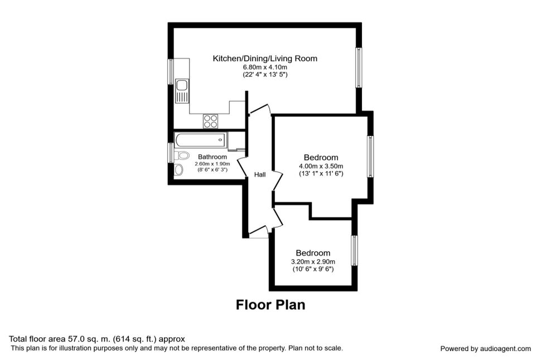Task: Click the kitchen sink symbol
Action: pyautogui.click(x=182, y=91)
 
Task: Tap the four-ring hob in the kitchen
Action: pyautogui.click(x=210, y=121)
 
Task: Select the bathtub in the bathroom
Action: pyautogui.click(x=200, y=140)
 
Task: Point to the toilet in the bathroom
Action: pyautogui.click(x=182, y=155)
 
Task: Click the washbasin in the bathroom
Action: pyautogui.click(x=178, y=169)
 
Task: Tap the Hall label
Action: pyautogui.click(x=260, y=175)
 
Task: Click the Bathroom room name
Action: pyautogui.click(x=212, y=157)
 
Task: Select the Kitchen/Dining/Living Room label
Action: pyautogui.click(x=265, y=59)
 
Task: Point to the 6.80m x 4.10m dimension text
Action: pyautogui.click(x=265, y=67)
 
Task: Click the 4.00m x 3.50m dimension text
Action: pyautogui.click(x=321, y=167)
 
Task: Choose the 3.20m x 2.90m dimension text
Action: pyautogui.click(x=313, y=262)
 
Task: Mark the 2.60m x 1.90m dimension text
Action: pyautogui.click(x=212, y=164)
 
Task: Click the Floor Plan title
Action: pyautogui.click(x=270, y=305)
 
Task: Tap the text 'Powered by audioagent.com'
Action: pyautogui.click(x=485, y=349)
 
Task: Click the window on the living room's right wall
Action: pyautogui.click(x=359, y=67)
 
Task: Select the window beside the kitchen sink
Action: pyautogui.click(x=171, y=71)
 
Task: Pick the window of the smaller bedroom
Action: pyautogui.click(x=354, y=251)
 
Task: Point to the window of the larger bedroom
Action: pyautogui.click(x=370, y=157)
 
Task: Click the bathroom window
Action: pyautogui.click(x=171, y=153)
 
